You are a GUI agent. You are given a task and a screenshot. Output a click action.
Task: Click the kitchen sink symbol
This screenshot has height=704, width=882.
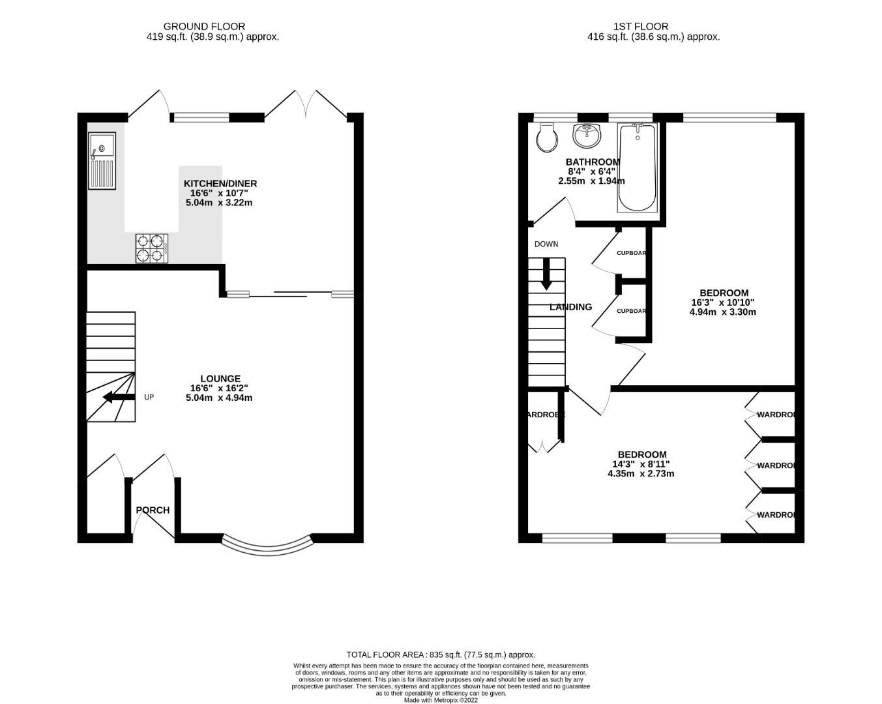coord(102,160)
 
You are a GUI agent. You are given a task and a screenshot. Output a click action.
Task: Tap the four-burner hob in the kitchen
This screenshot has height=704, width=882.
coord(151,248)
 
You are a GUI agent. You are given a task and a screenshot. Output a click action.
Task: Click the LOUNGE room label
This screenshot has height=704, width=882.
coord(220,379)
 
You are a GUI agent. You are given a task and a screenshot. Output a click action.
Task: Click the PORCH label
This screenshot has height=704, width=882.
coord(153,510)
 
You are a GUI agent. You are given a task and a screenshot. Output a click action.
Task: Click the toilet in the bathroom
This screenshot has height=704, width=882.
coord(546,136)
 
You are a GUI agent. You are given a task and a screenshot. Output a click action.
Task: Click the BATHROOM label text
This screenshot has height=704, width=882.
coord(593,162)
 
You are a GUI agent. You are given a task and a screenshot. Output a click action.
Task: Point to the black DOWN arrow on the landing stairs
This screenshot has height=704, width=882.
coord(546,274)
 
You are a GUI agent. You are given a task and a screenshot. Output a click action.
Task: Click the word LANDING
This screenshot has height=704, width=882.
coord(570,307)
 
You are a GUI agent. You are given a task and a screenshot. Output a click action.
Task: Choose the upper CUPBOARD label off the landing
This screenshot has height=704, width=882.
coord(631,253)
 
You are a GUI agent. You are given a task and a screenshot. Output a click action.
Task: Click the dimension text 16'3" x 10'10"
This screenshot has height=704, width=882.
coord(723,302)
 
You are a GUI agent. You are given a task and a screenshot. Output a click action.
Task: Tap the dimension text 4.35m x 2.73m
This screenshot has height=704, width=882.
coord(641,473)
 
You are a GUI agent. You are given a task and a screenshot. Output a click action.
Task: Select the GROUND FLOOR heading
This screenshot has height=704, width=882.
coord(204,27)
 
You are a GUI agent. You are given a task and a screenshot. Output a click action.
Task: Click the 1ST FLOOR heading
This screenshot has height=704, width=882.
coord(640,27)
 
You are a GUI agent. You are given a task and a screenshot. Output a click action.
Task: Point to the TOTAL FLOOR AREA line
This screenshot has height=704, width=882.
coord(441,654)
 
